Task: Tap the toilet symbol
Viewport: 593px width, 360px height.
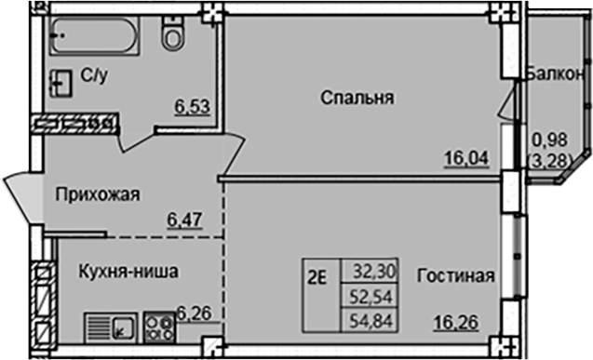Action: pos(171,34)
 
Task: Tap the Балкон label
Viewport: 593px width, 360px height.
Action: pos(555,73)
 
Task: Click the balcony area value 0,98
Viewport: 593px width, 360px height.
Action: pos(547,142)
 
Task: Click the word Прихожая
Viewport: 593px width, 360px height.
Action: pos(97,194)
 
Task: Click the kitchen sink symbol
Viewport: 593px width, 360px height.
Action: pos(111,326)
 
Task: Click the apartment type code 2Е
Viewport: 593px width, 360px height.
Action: pos(317,273)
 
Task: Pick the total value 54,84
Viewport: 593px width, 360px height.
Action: pos(373,318)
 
